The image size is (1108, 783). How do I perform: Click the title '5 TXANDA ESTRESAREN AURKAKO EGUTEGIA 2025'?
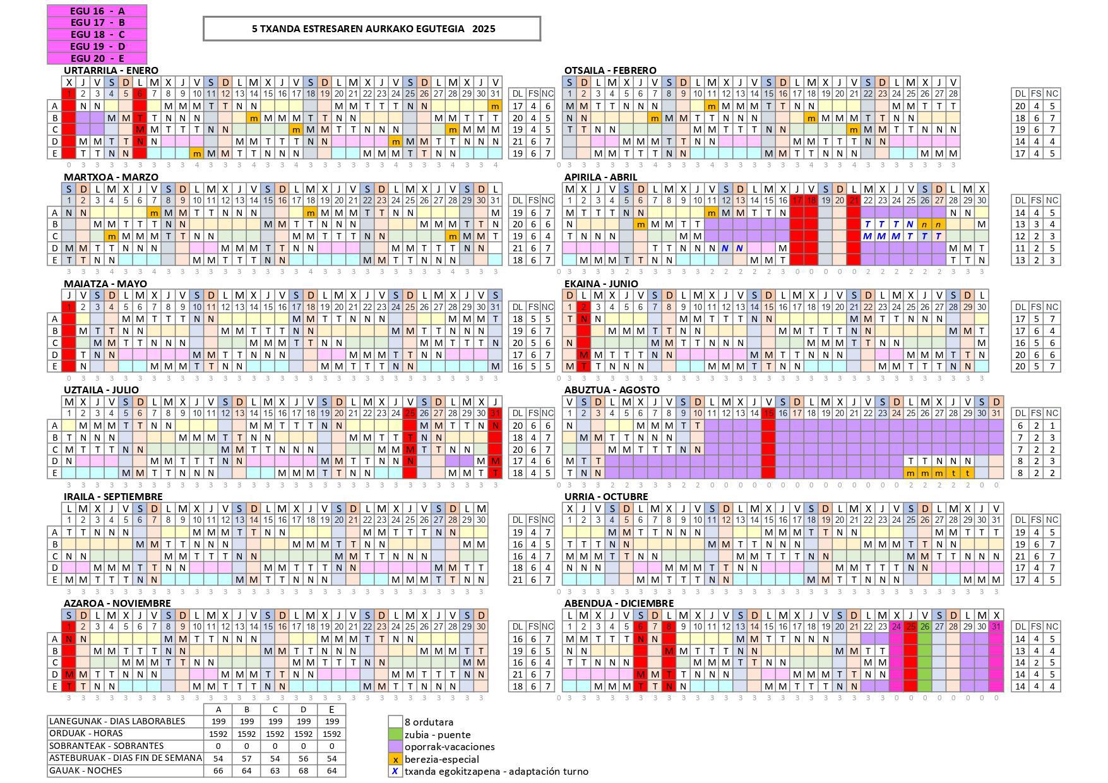(x=372, y=28)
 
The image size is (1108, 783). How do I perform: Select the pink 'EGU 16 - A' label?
(x=97, y=11)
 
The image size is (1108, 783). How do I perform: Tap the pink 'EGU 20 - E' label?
(x=97, y=58)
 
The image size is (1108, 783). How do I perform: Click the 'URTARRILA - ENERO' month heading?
(x=111, y=70)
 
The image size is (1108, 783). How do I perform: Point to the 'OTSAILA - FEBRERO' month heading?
(x=610, y=70)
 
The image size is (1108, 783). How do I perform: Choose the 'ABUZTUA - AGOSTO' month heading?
(x=611, y=390)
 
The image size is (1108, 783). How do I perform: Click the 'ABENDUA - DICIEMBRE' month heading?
(x=619, y=603)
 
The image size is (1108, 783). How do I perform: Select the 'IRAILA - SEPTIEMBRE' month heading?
(x=113, y=496)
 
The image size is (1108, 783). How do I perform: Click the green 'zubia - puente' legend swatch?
(x=395, y=734)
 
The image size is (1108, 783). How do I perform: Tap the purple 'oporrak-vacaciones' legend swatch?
(x=395, y=746)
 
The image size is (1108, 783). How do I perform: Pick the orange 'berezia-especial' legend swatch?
(x=395, y=759)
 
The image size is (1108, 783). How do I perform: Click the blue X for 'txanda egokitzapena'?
(x=395, y=771)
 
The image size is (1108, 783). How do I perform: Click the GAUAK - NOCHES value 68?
(x=304, y=770)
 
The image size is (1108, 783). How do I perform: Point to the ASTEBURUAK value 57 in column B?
(x=247, y=758)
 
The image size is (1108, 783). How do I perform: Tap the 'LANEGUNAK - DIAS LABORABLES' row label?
(x=117, y=721)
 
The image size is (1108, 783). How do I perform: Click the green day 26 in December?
(x=925, y=626)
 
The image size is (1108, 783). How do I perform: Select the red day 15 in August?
(x=768, y=413)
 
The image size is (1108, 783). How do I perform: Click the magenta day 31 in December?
(x=996, y=626)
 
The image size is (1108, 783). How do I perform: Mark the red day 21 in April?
(x=854, y=200)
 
